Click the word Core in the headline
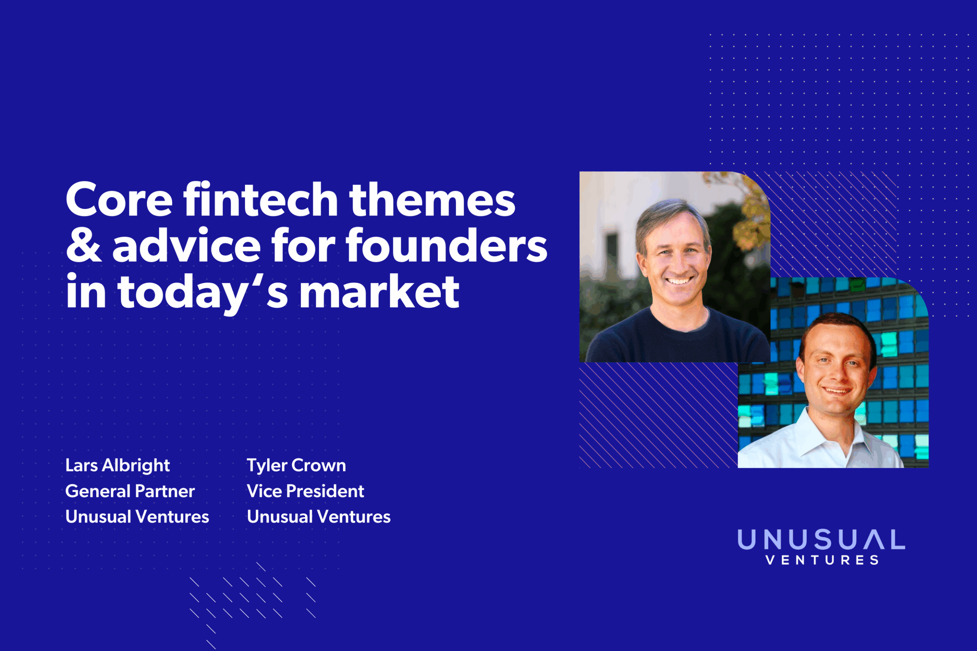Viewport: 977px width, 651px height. (x=119, y=201)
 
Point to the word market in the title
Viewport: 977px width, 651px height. (x=379, y=292)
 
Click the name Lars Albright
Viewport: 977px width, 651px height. (x=118, y=465)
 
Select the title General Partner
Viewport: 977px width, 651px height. (x=130, y=491)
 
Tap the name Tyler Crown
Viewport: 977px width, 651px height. (x=296, y=465)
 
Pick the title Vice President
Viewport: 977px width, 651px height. (x=305, y=491)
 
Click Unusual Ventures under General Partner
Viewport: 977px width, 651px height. (x=137, y=517)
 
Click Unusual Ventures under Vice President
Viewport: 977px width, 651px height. (x=319, y=517)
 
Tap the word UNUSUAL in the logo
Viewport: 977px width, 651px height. (x=821, y=540)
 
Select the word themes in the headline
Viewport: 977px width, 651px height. (x=432, y=201)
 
